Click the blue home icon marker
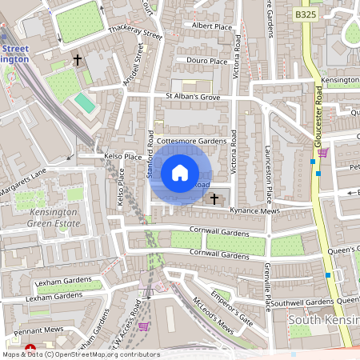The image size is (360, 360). [180, 172]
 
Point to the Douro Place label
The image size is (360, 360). [207, 61]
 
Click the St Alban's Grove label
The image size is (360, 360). [192, 97]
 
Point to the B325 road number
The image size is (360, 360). [305, 14]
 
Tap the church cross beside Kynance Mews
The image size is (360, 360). [213, 198]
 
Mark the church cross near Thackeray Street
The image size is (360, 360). [78, 60]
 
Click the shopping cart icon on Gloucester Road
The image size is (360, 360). [322, 152]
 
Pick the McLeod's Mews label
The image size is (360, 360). [214, 316]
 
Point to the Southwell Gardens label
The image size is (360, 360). [301, 302]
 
